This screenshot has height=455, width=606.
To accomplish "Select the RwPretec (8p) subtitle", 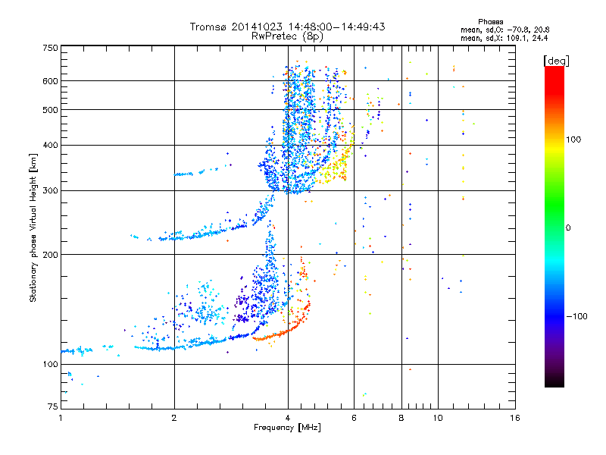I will click(288, 36).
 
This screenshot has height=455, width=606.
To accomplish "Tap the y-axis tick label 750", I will click(50, 49).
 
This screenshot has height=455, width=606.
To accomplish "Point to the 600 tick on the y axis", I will click(50, 81).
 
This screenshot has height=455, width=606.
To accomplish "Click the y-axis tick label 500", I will click(50, 110).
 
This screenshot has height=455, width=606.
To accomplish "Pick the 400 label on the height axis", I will click(50, 146).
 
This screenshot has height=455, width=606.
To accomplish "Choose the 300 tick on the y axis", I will click(50, 191).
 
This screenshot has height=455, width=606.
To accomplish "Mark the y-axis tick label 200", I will click(50, 255).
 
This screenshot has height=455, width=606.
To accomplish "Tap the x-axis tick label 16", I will click(515, 418).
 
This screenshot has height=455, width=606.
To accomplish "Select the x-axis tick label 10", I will click(437, 418).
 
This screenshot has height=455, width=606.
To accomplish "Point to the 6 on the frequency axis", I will click(354, 418).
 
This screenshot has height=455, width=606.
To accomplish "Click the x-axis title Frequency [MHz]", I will click(287, 428).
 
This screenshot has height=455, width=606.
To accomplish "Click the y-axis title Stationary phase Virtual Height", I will click(33, 227).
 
